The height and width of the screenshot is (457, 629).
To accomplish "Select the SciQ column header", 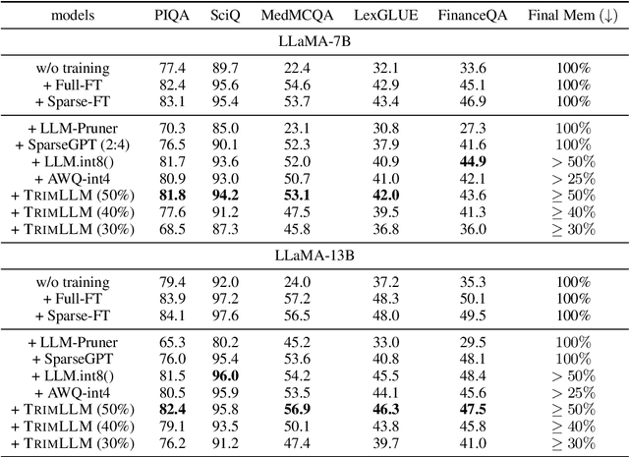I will point(225,16).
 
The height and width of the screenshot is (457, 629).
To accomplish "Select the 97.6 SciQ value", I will point(225,314).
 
